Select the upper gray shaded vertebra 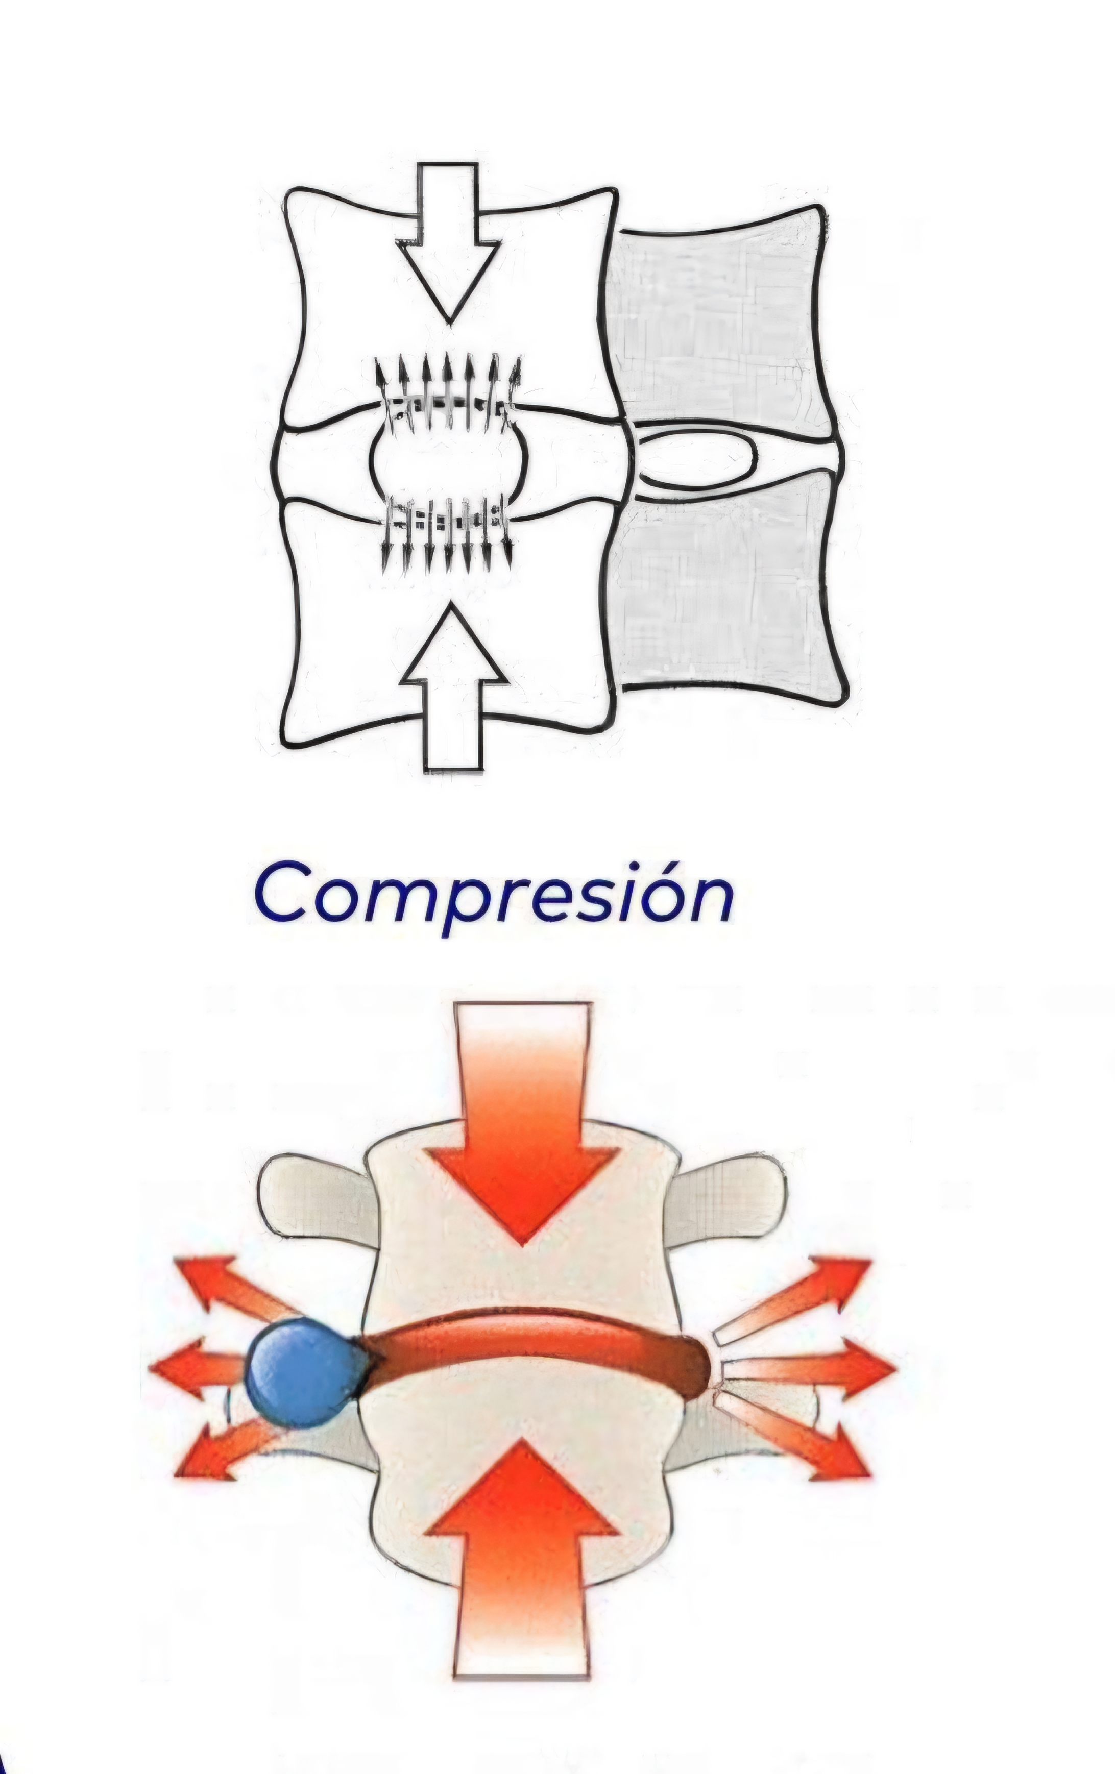(x=718, y=317)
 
